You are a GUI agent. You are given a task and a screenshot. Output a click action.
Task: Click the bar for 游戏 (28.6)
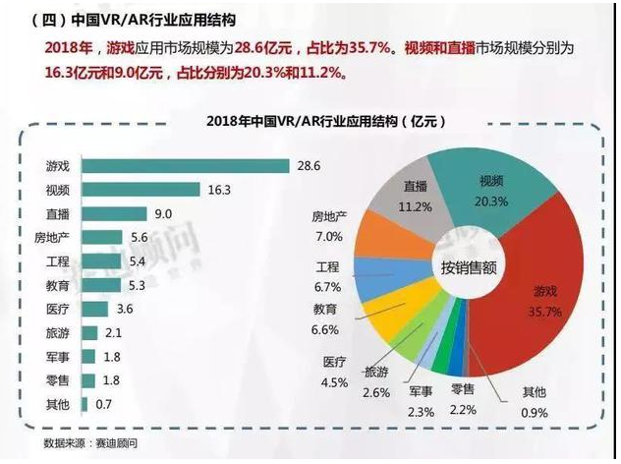pos(186,165)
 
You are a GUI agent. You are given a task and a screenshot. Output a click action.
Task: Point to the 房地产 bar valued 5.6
pos(101,237)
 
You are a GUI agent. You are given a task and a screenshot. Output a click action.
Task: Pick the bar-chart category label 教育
pos(57,285)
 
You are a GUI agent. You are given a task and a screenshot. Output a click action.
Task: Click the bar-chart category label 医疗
pos(57,309)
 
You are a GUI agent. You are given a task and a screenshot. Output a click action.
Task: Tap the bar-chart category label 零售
pos(57,380)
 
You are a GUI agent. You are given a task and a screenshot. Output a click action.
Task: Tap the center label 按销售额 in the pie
pos(469,266)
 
